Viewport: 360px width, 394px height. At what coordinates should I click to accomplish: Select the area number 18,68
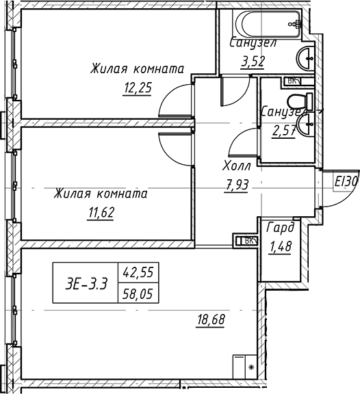coord(211,319)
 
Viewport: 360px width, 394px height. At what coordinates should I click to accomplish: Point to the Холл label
coord(237,166)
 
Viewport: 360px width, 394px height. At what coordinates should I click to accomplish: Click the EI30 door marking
coord(346,182)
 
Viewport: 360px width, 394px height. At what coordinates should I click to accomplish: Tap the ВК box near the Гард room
coord(247,240)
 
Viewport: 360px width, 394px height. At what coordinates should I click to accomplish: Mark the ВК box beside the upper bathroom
coord(293,81)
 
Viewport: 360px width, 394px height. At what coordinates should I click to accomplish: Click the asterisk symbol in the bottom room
coord(250,368)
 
